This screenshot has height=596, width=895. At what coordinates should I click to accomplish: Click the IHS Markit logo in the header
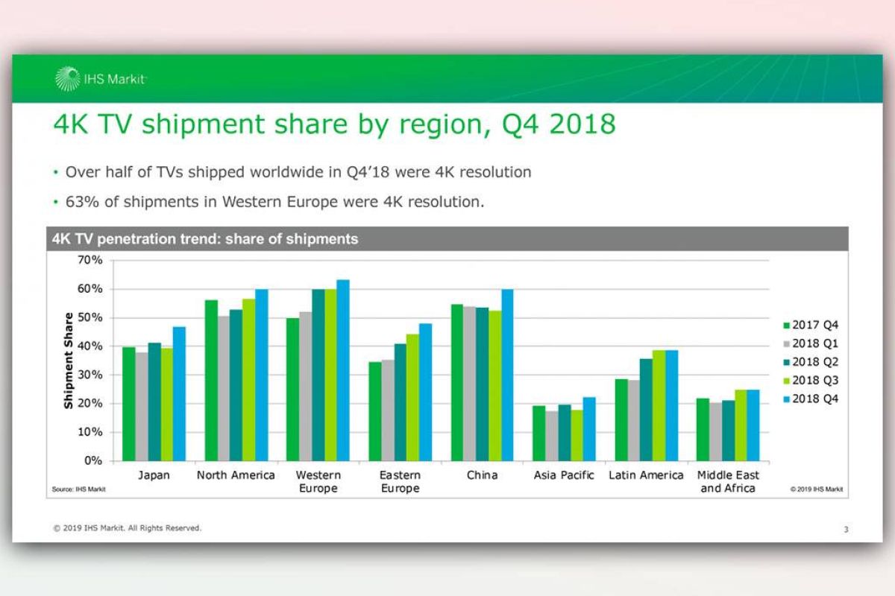tap(101, 78)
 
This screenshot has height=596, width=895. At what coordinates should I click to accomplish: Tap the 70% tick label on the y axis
tap(88, 260)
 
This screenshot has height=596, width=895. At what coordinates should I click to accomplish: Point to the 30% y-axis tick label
tap(88, 375)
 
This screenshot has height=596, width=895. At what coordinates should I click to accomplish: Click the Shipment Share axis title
tap(69, 361)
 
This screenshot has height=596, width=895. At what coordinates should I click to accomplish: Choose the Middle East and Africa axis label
tap(728, 481)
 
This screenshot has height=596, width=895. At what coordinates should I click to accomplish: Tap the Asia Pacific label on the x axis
tap(564, 475)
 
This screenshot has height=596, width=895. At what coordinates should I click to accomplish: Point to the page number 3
tap(846, 530)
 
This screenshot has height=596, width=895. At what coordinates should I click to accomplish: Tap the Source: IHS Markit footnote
tap(78, 489)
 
